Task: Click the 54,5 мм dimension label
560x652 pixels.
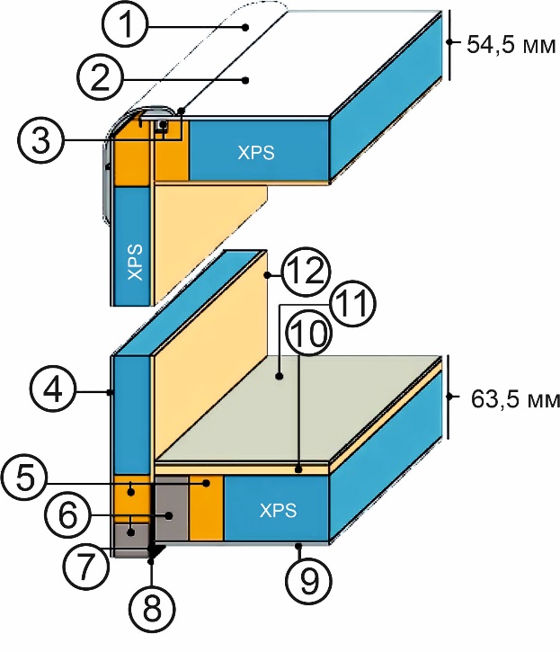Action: click(506, 42)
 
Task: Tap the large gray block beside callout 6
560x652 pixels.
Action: click(171, 510)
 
